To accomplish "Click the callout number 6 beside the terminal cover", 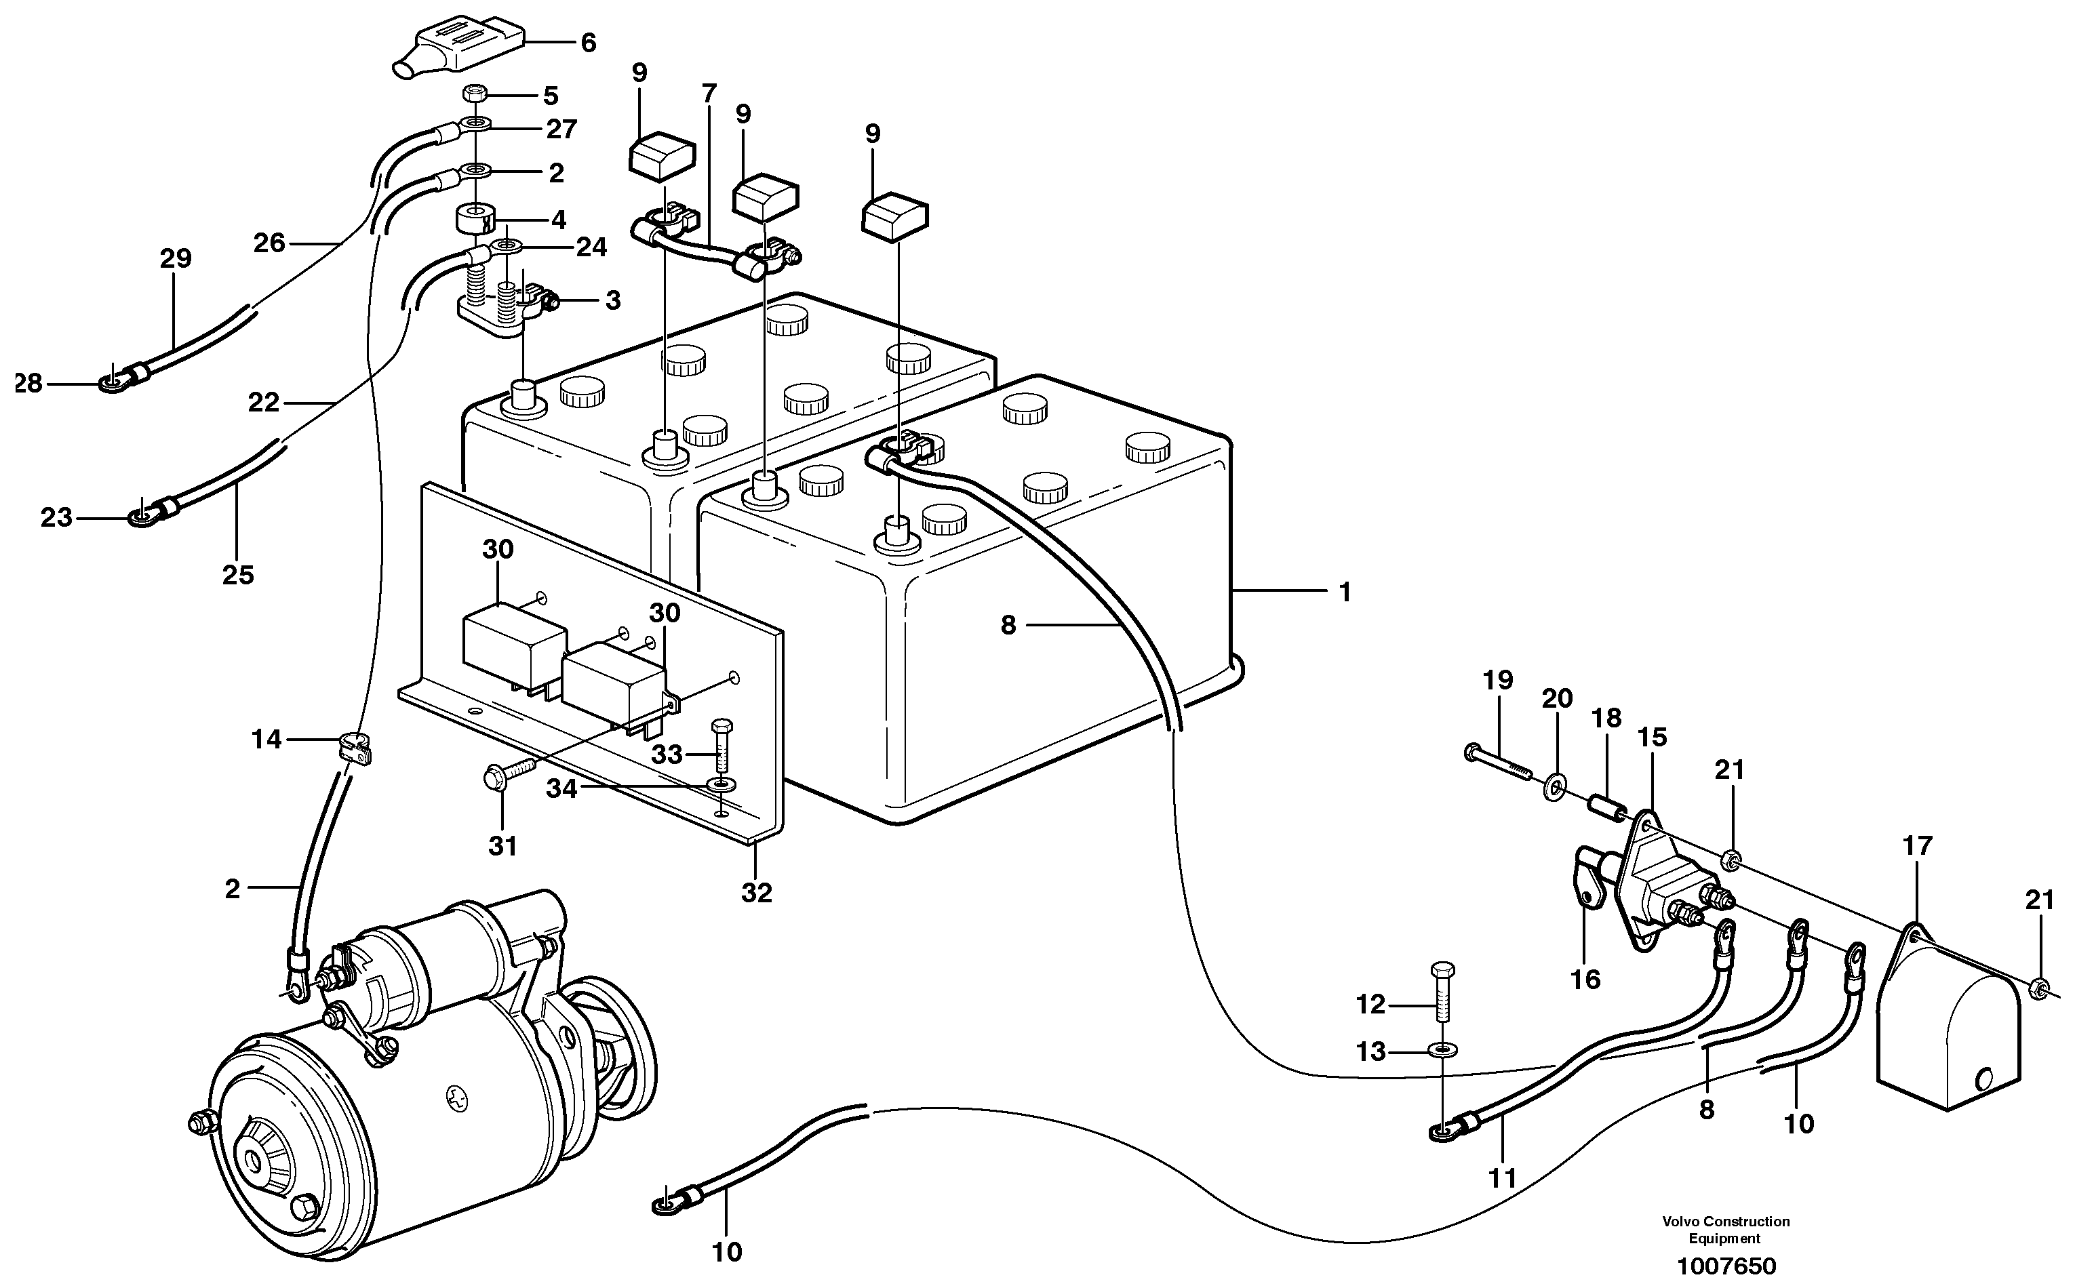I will (x=588, y=43).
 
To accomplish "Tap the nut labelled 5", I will (x=475, y=94).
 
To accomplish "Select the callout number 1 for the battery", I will (x=1345, y=591).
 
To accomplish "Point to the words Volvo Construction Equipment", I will (x=1726, y=1229).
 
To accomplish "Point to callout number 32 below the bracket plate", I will (x=756, y=893).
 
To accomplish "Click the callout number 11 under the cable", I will (x=1503, y=1178).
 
